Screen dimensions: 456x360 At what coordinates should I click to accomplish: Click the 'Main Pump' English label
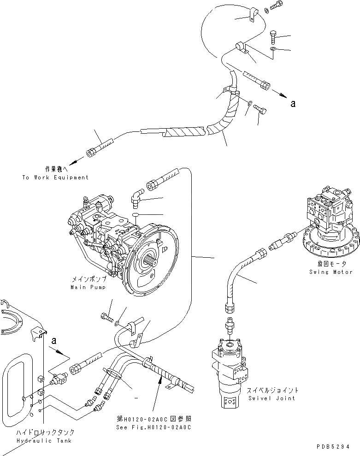88,287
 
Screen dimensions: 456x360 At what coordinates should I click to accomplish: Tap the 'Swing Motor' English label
331,272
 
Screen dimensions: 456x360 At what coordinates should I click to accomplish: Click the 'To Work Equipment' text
55,178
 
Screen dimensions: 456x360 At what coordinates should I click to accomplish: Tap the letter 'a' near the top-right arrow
293,104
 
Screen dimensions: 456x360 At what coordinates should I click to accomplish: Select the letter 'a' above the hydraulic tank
54,341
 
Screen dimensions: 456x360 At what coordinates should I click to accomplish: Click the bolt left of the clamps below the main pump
105,317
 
